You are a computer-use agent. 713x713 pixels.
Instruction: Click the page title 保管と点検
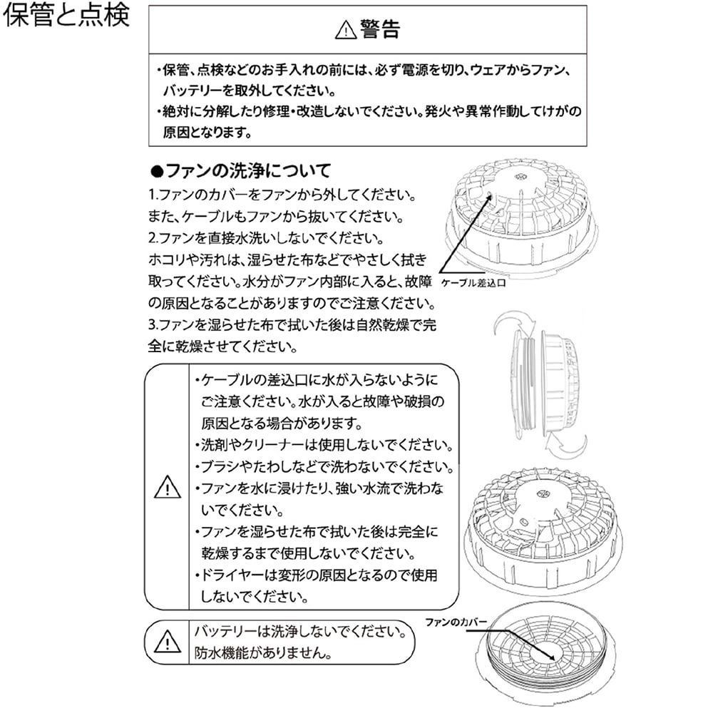66,14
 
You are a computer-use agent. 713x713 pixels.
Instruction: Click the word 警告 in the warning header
380,29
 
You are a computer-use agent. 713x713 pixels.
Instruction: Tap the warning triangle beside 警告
346,30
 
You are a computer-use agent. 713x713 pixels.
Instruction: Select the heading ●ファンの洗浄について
240,171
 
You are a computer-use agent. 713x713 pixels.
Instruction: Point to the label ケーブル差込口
473,283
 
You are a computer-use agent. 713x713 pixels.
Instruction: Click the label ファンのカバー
456,622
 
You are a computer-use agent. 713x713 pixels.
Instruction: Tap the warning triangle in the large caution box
168,487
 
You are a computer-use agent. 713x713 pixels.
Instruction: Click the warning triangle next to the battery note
168,641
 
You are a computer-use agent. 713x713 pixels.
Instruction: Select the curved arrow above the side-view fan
514,323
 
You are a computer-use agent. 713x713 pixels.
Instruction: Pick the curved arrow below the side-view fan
566,448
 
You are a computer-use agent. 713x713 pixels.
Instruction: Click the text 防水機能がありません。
263,653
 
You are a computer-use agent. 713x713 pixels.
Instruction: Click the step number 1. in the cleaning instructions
153,195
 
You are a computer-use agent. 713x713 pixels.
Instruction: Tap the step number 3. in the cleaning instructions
153,324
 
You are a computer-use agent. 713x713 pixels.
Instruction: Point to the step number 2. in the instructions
153,238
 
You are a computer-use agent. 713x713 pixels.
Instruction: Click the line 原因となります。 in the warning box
207,133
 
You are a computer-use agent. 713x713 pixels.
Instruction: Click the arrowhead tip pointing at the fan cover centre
555,660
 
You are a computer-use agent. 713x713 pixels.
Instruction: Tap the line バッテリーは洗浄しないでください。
301,631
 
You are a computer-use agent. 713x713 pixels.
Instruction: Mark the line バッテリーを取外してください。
249,91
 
